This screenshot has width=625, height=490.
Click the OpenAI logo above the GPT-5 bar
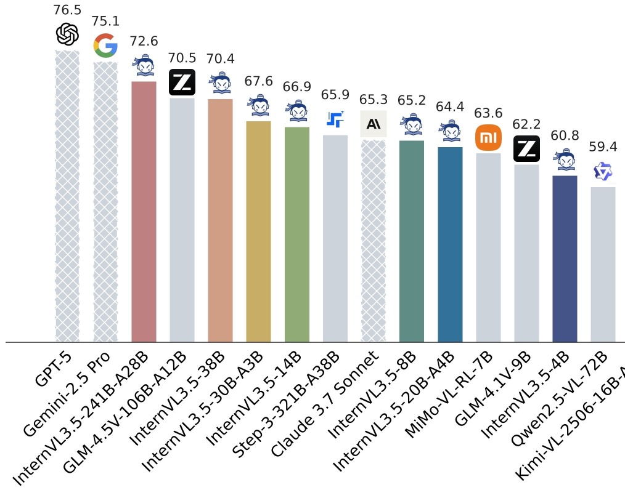(67, 34)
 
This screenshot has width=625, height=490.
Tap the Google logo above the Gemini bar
(105, 46)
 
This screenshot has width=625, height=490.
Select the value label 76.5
(67, 10)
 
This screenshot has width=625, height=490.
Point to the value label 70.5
(182, 58)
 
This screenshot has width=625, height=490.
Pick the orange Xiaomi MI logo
(488, 137)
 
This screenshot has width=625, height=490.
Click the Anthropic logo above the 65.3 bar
(373, 124)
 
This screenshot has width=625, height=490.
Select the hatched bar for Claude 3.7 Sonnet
(373, 240)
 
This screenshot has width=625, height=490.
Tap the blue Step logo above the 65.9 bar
(335, 119)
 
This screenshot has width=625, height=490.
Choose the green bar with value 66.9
(296, 234)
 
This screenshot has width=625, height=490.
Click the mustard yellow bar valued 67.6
(258, 231)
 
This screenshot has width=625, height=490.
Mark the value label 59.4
(602, 147)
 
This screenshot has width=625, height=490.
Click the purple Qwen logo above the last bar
(602, 172)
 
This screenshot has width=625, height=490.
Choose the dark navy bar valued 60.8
(565, 259)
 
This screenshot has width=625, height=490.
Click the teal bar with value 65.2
(411, 241)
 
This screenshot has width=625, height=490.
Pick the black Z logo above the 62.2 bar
(526, 149)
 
